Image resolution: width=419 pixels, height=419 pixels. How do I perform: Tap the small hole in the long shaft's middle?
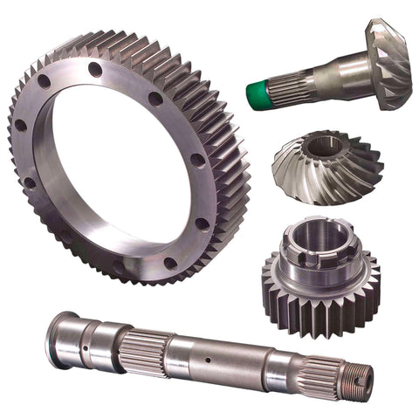208,359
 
